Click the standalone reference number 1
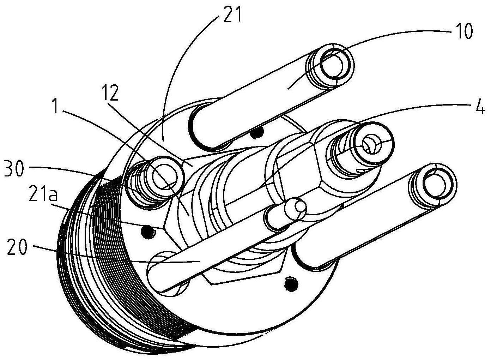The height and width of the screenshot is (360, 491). coord(56,106)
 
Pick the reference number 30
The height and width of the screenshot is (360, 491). coord(14,168)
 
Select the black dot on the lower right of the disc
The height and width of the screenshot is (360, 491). coord(291,285)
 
